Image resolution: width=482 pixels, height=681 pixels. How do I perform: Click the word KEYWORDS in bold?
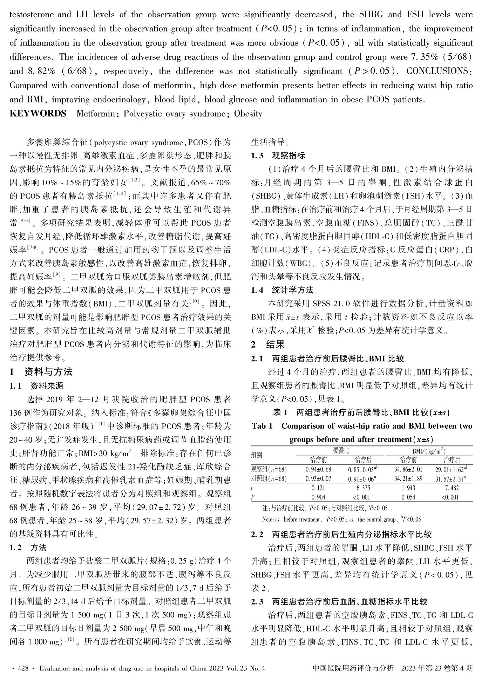tap(38, 114)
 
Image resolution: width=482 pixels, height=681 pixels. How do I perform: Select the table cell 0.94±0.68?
tap(318, 469)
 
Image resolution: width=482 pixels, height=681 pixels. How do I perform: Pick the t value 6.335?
tap(363, 488)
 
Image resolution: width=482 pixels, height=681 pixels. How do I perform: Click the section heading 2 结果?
tap(268, 344)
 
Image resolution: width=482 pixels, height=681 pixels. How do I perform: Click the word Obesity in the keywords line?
tap(248, 114)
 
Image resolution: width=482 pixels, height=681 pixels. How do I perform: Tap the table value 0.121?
tap(318, 488)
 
